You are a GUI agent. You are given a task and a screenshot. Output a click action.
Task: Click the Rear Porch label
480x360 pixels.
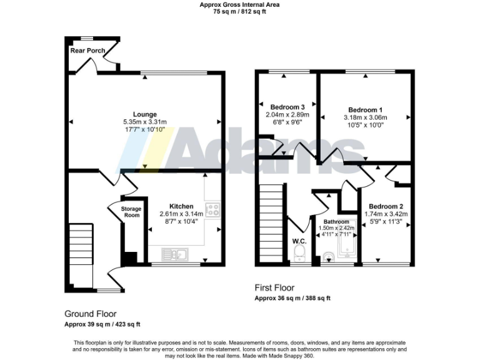87,50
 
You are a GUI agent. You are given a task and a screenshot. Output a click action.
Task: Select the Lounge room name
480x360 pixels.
144,114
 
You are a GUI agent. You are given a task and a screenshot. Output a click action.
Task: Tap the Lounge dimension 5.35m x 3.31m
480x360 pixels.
144,121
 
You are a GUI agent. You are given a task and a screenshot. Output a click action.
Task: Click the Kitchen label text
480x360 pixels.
181,206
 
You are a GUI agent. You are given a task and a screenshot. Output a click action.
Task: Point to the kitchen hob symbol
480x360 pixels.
212,209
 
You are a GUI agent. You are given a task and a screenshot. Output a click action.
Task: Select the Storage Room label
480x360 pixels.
131,212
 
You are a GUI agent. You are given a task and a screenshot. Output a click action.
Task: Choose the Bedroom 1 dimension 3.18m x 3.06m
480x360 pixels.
365,117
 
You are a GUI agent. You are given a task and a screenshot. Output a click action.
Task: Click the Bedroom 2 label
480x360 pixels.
386,206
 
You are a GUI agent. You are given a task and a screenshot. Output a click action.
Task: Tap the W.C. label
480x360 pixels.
299,241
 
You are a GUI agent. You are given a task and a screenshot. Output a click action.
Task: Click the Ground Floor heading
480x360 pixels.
91,314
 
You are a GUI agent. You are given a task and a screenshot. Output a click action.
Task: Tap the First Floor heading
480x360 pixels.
274,288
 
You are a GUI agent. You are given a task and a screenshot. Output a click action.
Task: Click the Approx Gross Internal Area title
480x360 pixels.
239,4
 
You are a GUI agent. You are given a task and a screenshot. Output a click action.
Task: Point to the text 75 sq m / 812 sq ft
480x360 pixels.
239,11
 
